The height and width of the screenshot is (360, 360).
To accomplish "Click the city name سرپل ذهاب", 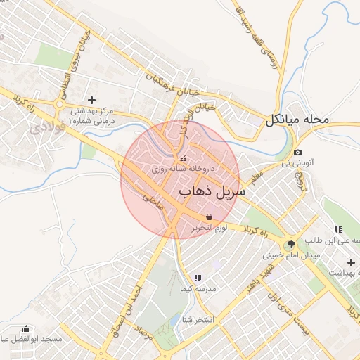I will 212,191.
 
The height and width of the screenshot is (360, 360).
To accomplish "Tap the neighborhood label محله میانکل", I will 297,120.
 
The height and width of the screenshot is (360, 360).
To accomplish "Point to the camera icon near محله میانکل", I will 298,153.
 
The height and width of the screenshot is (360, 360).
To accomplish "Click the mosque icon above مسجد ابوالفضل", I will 27,328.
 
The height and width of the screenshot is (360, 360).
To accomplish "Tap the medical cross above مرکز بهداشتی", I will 91,101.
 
